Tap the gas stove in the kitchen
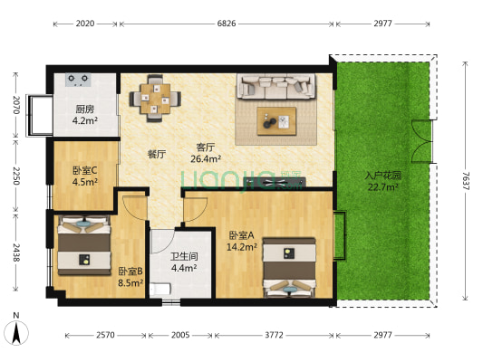coord(78,80)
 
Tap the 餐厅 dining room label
coord(157,154)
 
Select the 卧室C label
coord(85,167)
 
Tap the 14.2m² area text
coord(243,245)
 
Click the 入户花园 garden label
coord(383,176)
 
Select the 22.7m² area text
coord(383,187)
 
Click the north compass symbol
coord(17,331)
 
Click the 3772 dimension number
coord(274,335)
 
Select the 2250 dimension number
coord(15,176)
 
